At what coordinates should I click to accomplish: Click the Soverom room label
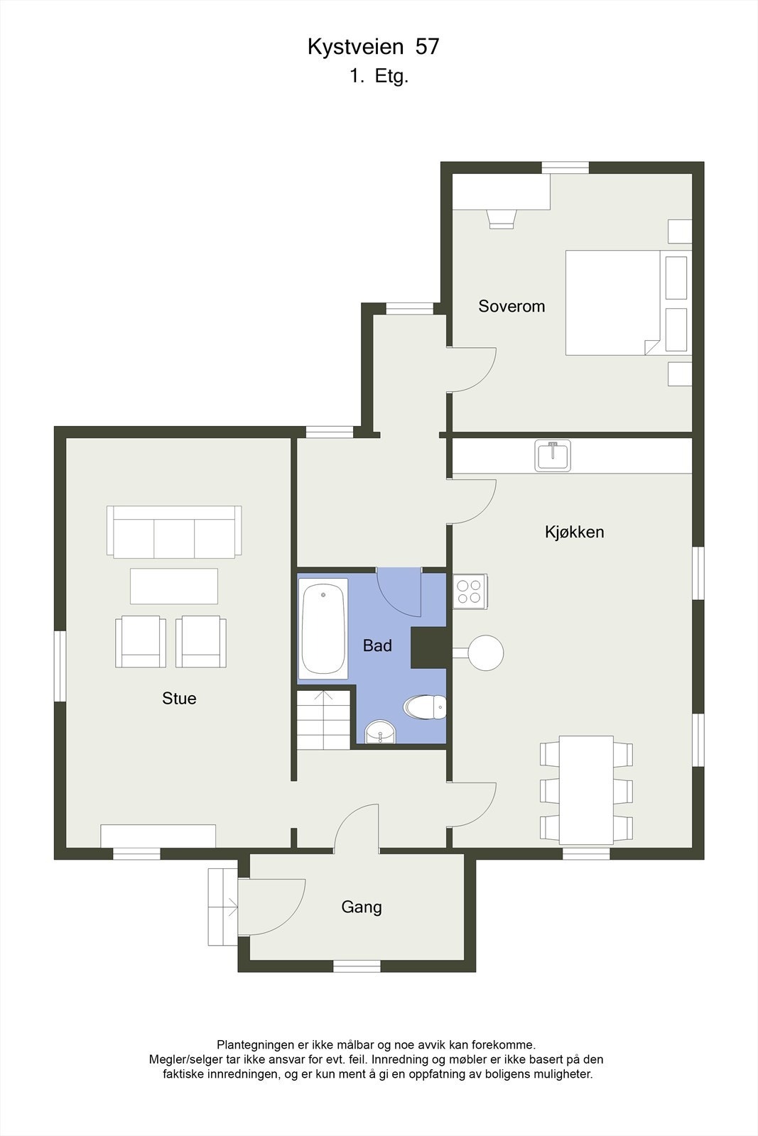[511, 306]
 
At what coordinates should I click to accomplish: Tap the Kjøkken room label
[574, 532]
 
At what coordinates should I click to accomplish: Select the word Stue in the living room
[179, 699]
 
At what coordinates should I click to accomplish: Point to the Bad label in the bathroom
[377, 645]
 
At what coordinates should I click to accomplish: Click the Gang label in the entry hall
[362, 907]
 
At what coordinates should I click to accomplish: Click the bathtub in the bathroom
[323, 628]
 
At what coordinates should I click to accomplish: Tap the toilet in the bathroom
[425, 707]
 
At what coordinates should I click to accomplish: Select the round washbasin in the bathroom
[380, 732]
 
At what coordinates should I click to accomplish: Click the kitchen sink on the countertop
[553, 456]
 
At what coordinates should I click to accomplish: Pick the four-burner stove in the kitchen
[469, 591]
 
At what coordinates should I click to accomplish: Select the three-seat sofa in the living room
[174, 532]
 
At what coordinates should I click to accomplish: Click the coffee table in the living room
[174, 586]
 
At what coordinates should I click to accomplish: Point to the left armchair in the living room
[141, 641]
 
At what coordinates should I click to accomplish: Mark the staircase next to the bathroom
[324, 719]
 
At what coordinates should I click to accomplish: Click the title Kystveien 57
[374, 47]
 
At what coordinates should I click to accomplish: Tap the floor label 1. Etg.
[379, 77]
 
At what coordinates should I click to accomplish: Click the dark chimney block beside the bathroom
[429, 648]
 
